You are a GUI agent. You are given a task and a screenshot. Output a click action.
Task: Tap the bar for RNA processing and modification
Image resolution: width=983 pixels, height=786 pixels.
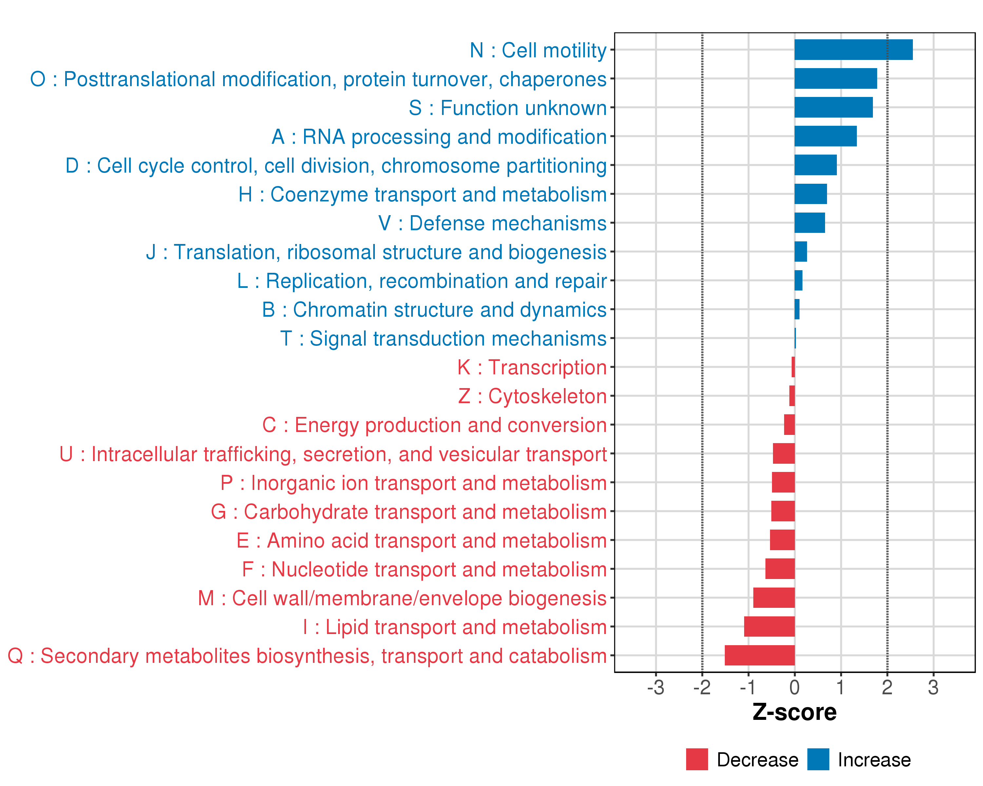click(x=825, y=136)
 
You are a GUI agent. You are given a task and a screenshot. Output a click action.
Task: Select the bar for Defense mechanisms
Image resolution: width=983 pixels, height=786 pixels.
click(x=809, y=223)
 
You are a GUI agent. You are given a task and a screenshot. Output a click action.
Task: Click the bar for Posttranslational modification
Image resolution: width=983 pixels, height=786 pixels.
click(x=835, y=78)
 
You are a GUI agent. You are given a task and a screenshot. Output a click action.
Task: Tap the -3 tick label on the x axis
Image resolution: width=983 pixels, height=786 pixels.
click(x=655, y=687)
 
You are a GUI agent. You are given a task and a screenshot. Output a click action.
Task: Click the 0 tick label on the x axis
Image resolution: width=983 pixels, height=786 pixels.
click(x=794, y=687)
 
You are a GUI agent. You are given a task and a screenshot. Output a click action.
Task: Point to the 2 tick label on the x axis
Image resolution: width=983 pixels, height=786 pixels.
click(x=887, y=687)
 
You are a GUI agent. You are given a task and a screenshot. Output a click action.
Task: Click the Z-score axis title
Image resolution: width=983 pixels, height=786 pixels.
click(x=794, y=713)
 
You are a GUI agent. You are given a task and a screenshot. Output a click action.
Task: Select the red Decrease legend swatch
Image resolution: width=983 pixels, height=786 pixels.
click(x=697, y=759)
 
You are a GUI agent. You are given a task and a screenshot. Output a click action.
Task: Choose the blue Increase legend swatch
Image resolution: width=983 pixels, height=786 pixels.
click(x=818, y=759)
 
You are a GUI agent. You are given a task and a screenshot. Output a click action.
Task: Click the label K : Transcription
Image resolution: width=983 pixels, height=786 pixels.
click(x=531, y=367)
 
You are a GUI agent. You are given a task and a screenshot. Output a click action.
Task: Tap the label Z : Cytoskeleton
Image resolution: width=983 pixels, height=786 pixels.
click(x=532, y=396)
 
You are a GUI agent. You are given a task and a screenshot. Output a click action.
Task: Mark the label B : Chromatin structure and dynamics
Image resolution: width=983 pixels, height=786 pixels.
click(x=434, y=310)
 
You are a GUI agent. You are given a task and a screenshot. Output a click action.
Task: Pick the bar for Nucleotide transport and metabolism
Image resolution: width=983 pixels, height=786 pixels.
click(x=780, y=569)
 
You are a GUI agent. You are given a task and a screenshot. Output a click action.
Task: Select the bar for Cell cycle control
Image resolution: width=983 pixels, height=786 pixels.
click(x=815, y=165)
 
